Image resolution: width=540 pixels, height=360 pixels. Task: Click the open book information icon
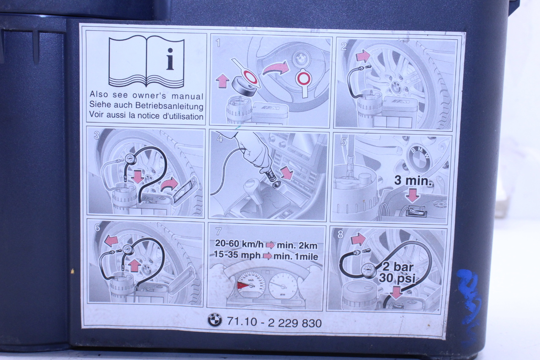pos(146,62)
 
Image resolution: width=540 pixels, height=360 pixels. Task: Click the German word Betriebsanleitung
pos(169,106)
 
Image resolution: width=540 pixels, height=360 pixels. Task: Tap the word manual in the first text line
pos(188,96)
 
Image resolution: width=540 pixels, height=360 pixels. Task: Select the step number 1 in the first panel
pos(218,43)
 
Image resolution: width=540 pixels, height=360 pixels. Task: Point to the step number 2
pos(344,46)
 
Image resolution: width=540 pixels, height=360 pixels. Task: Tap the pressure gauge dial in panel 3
pos(130,159)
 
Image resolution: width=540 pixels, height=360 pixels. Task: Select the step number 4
pos(220,139)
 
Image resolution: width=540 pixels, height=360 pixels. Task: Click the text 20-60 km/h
pos(239,244)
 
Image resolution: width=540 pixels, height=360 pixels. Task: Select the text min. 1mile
pos(296,257)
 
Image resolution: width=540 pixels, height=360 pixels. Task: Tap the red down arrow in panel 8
pos(396,293)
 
